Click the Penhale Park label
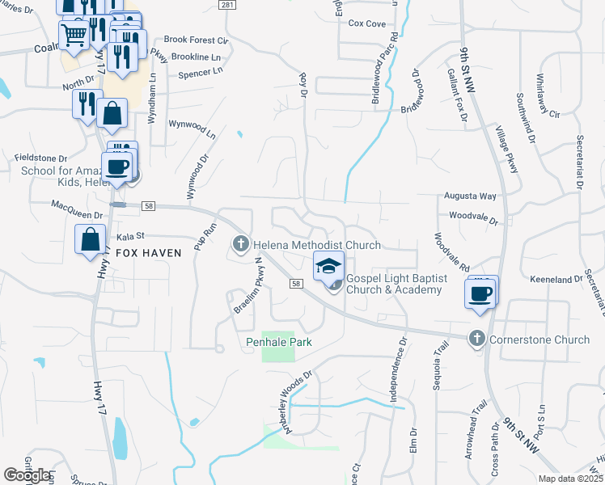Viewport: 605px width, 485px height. pos(279,342)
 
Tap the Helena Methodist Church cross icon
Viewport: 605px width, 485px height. pos(240,243)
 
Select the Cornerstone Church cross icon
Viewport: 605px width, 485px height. pos(477,339)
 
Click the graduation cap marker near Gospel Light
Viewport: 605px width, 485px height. pos(328,266)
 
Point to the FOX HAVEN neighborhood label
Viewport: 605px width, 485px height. pos(148,252)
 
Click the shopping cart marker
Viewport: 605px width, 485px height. pos(74,35)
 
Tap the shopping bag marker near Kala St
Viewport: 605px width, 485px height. pos(90,240)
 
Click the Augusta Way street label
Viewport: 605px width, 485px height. pos(469,196)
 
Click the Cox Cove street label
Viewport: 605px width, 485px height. pos(366,23)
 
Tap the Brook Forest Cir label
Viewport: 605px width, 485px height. pos(197,39)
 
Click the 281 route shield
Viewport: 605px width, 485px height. pos(227,5)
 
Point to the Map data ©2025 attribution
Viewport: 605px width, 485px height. pos(570,479)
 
